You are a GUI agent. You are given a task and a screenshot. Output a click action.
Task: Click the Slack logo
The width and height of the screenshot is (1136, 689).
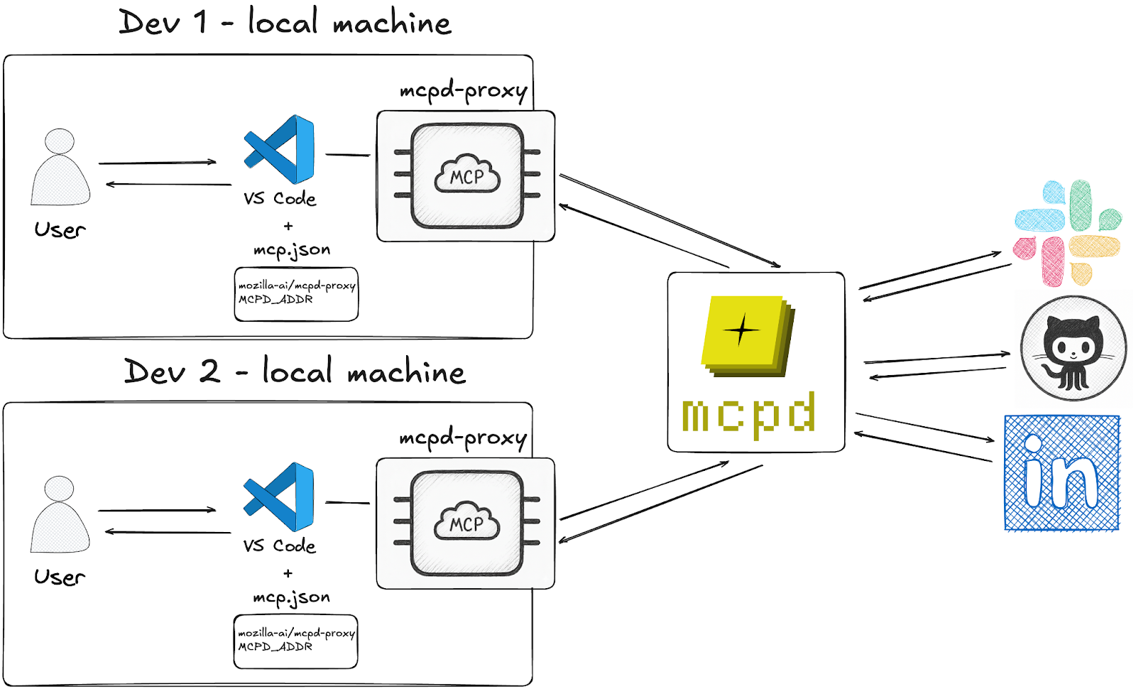pyautogui.click(x=1068, y=233)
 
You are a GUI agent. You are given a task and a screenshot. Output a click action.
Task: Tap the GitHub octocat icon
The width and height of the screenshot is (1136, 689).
pyautogui.click(x=1073, y=349)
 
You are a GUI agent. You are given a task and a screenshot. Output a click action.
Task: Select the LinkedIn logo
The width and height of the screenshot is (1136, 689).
pyautogui.click(x=1061, y=473)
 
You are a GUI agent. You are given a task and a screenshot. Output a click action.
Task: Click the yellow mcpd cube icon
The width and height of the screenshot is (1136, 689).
pyautogui.click(x=747, y=335)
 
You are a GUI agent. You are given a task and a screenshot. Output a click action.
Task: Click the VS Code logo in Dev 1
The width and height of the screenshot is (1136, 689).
pyautogui.click(x=280, y=149)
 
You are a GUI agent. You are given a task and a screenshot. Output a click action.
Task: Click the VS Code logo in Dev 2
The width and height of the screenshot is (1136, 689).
pyautogui.click(x=279, y=497)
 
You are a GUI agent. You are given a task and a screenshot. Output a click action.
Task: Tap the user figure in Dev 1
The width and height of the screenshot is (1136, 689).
pyautogui.click(x=60, y=168)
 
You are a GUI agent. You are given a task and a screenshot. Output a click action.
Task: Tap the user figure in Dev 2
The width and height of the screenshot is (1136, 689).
pyautogui.click(x=60, y=515)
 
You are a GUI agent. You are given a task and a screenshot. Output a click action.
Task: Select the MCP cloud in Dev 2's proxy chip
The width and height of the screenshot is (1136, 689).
pyautogui.click(x=466, y=523)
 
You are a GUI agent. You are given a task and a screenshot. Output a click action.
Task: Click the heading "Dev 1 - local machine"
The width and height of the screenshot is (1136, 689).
pyautogui.click(x=285, y=23)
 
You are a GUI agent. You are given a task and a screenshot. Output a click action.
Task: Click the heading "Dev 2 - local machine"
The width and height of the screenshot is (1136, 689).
pyautogui.click(x=295, y=371)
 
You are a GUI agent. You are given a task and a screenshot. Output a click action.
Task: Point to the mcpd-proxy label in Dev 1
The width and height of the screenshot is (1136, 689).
pyautogui.click(x=463, y=92)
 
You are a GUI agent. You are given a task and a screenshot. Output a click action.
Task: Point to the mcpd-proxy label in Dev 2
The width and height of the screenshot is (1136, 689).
pyautogui.click(x=463, y=439)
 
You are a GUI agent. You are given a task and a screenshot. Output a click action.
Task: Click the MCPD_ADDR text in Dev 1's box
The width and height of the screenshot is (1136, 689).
pyautogui.click(x=275, y=300)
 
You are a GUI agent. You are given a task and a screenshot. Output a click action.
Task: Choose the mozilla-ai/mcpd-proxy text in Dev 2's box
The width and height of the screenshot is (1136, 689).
pyautogui.click(x=296, y=632)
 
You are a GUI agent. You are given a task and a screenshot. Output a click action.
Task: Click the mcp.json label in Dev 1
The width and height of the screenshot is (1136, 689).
pyautogui.click(x=292, y=250)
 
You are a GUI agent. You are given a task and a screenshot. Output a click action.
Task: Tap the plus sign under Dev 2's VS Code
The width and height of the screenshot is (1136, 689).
pyautogui.click(x=288, y=573)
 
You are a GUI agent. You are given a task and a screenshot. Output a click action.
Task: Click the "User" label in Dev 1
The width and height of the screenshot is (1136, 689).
pyautogui.click(x=60, y=230)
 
